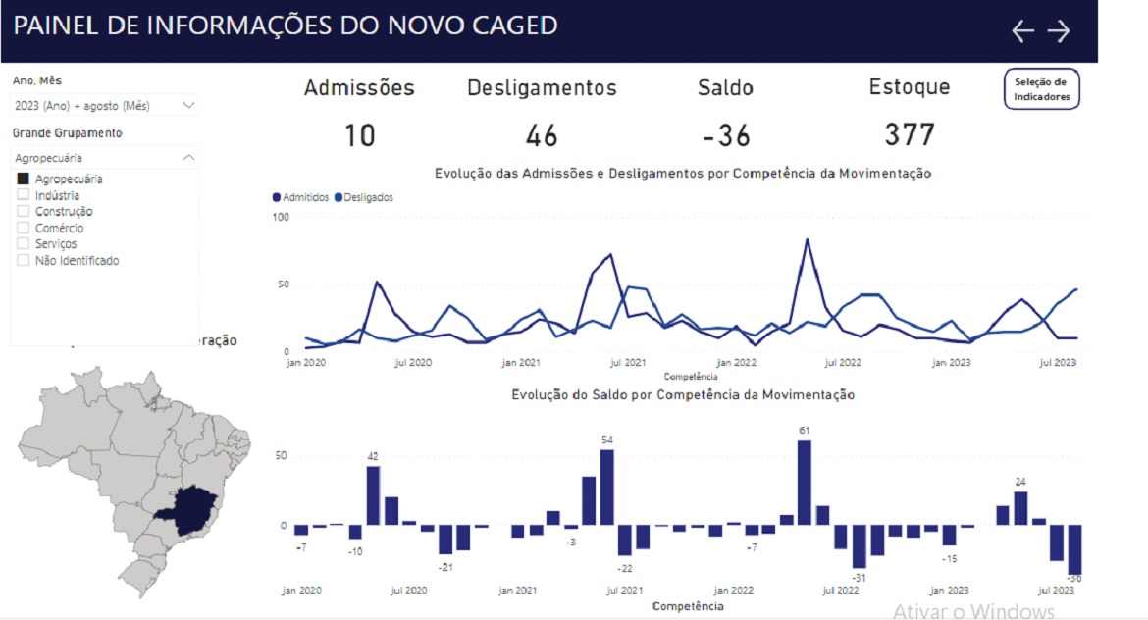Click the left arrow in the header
pyautogui.click(x=1022, y=31)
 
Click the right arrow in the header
pyautogui.click(x=1059, y=31)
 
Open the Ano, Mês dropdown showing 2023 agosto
pyautogui.click(x=105, y=105)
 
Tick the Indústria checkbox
pyautogui.click(x=24, y=195)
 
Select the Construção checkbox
pyautogui.click(x=24, y=211)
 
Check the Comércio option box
pyautogui.click(x=24, y=228)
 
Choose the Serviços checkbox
pyautogui.click(x=24, y=243)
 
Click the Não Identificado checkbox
pyautogui.click(x=24, y=260)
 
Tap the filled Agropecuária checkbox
pyautogui.click(x=24, y=179)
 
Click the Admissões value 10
pyautogui.click(x=359, y=135)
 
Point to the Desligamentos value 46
pyautogui.click(x=542, y=135)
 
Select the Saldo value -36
pyautogui.click(x=726, y=135)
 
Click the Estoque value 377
pyautogui.click(x=910, y=134)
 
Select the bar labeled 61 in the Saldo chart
pyautogui.click(x=805, y=483)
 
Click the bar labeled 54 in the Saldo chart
pyautogui.click(x=607, y=488)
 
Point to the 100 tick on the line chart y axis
pyautogui.click(x=281, y=216)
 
